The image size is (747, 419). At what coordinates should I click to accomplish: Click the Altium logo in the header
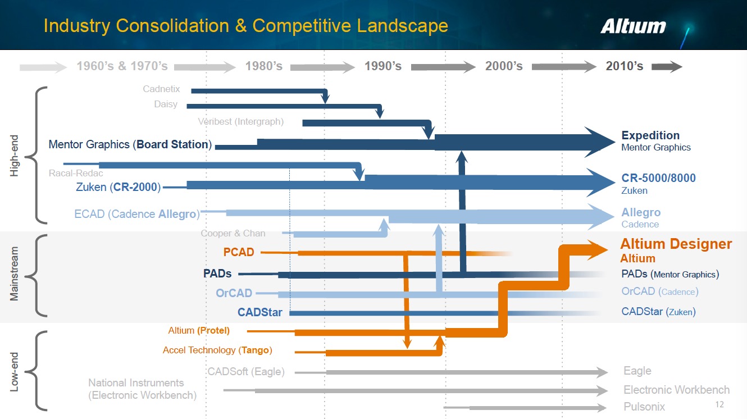633,26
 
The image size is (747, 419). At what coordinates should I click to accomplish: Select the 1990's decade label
382,66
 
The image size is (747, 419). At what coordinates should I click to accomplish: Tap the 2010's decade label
624,66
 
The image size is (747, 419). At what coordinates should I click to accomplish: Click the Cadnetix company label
161,89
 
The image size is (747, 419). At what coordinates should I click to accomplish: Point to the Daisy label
165,104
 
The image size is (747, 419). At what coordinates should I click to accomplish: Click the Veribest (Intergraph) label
240,121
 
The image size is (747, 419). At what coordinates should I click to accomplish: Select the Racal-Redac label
76,173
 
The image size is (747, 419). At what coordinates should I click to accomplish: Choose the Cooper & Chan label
233,233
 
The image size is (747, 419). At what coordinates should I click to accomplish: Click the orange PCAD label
239,252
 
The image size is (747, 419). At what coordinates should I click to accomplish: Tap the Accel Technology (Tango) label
217,350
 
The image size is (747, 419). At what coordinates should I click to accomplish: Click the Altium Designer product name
676,244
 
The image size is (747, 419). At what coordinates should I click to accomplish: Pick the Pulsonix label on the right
644,406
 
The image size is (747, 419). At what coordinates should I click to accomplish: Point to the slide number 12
720,405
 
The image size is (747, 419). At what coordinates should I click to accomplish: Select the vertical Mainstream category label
15,274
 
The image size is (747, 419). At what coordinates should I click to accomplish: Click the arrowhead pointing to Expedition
600,142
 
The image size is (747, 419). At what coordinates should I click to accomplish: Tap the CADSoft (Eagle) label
245,372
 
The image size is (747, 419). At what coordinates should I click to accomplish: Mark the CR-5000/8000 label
658,178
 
